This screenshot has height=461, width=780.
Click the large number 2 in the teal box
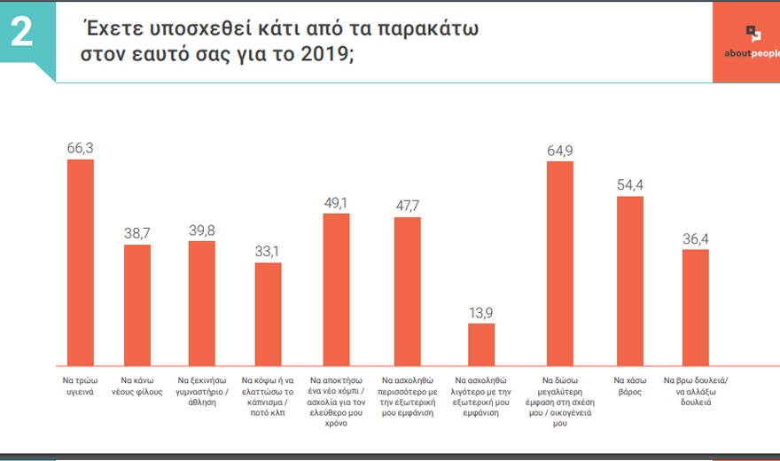tap(21, 33)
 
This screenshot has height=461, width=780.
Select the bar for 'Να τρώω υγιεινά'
tap(81, 262)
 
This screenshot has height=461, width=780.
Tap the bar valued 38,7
tap(136, 304)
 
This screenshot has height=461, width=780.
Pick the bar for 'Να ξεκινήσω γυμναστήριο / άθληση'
tap(202, 302)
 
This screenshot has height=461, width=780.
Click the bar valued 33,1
tap(268, 314)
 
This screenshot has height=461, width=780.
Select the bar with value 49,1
tap(336, 289)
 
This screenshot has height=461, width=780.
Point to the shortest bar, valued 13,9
tap(481, 344)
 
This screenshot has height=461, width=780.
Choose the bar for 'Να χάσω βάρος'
tap(629, 280)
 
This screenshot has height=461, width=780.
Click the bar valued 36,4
tap(695, 308)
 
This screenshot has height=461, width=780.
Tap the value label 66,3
tap(81, 148)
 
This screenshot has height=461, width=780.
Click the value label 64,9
tap(560, 151)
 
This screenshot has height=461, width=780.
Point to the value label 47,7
tap(407, 206)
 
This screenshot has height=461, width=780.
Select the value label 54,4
tap(629, 185)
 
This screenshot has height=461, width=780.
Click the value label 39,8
tap(202, 230)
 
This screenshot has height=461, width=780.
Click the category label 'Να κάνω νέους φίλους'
tap(137, 384)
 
